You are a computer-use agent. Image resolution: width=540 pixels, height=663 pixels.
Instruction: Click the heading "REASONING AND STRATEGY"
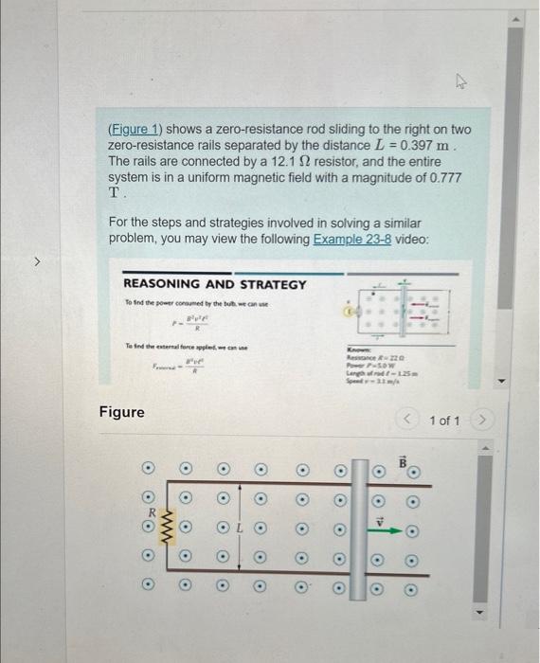215,284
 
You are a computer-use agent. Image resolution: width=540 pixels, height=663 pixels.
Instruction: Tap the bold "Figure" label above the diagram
122,412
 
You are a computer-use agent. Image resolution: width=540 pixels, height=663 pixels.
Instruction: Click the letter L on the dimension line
241,524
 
